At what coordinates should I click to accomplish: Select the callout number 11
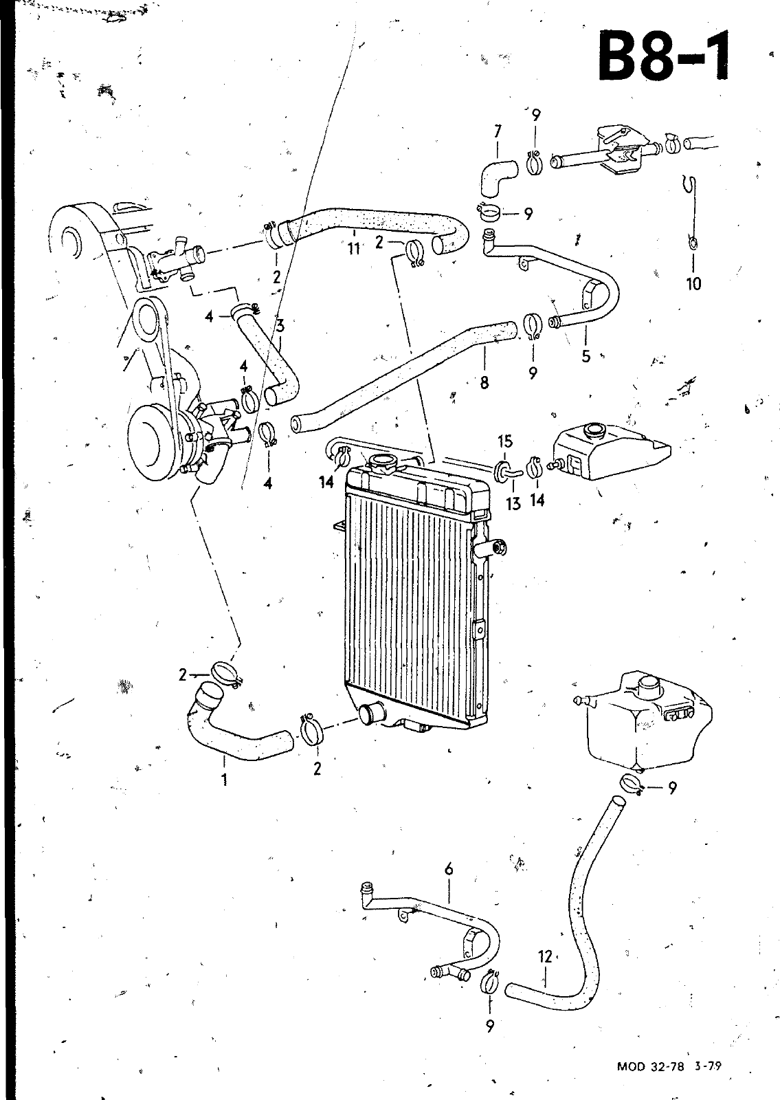coord(353,248)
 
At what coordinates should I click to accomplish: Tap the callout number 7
coord(498,131)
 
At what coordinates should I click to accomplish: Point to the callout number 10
coord(693,283)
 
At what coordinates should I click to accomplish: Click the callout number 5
coord(586,355)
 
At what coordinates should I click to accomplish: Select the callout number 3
coord(280,325)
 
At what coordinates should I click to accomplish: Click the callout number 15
coord(505,441)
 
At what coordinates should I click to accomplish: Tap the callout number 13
coord(513,503)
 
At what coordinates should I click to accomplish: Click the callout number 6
coord(449,869)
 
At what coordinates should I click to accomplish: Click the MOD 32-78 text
coord(650,1062)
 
